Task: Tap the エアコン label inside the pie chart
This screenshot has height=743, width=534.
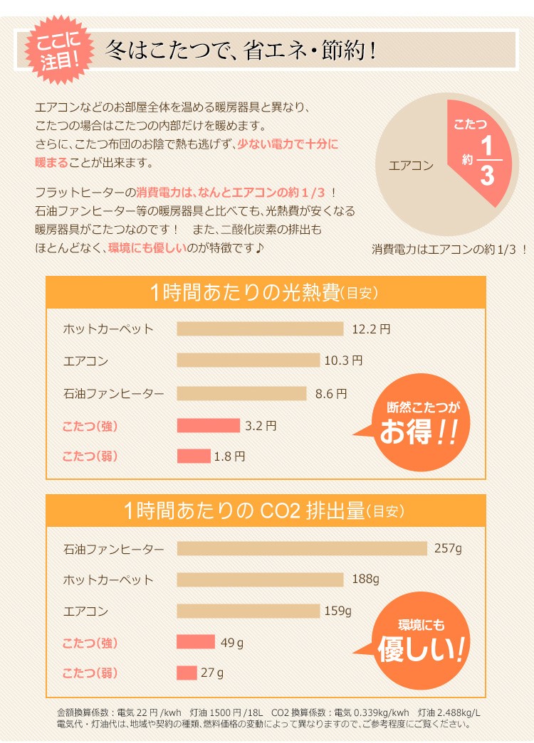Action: [x=411, y=166]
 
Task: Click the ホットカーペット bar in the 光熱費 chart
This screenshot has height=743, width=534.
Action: [x=260, y=328]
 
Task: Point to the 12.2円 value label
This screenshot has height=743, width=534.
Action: [x=371, y=329]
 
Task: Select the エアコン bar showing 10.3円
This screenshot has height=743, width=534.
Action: [x=248, y=360]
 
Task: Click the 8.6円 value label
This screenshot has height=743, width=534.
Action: [x=330, y=392]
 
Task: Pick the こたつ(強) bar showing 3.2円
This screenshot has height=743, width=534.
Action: [x=208, y=425]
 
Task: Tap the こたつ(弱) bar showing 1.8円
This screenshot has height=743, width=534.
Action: [x=194, y=456]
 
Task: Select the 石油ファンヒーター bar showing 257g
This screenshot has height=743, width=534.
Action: [x=302, y=548]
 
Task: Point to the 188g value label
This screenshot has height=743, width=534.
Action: [x=365, y=579]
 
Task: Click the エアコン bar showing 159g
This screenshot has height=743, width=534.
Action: [x=248, y=611]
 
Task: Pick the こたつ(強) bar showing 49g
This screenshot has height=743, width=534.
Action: [x=196, y=642]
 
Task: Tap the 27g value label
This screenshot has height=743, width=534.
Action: [x=212, y=673]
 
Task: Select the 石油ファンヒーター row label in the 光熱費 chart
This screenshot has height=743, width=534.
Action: [x=113, y=392]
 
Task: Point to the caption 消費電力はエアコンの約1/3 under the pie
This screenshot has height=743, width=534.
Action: [x=449, y=250]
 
